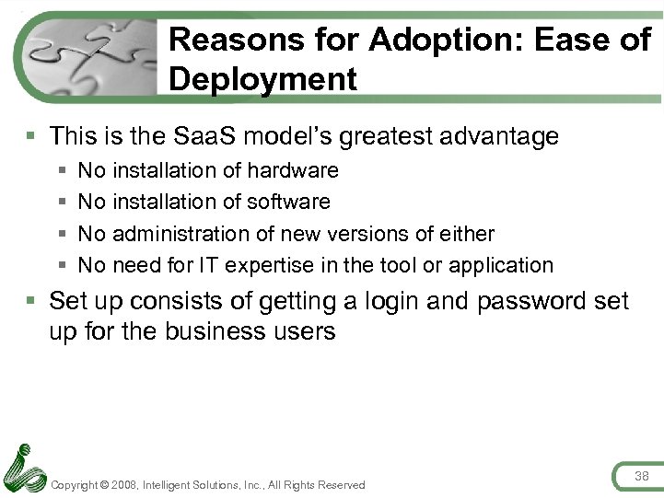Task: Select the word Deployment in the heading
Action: [262, 79]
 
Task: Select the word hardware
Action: [293, 170]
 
